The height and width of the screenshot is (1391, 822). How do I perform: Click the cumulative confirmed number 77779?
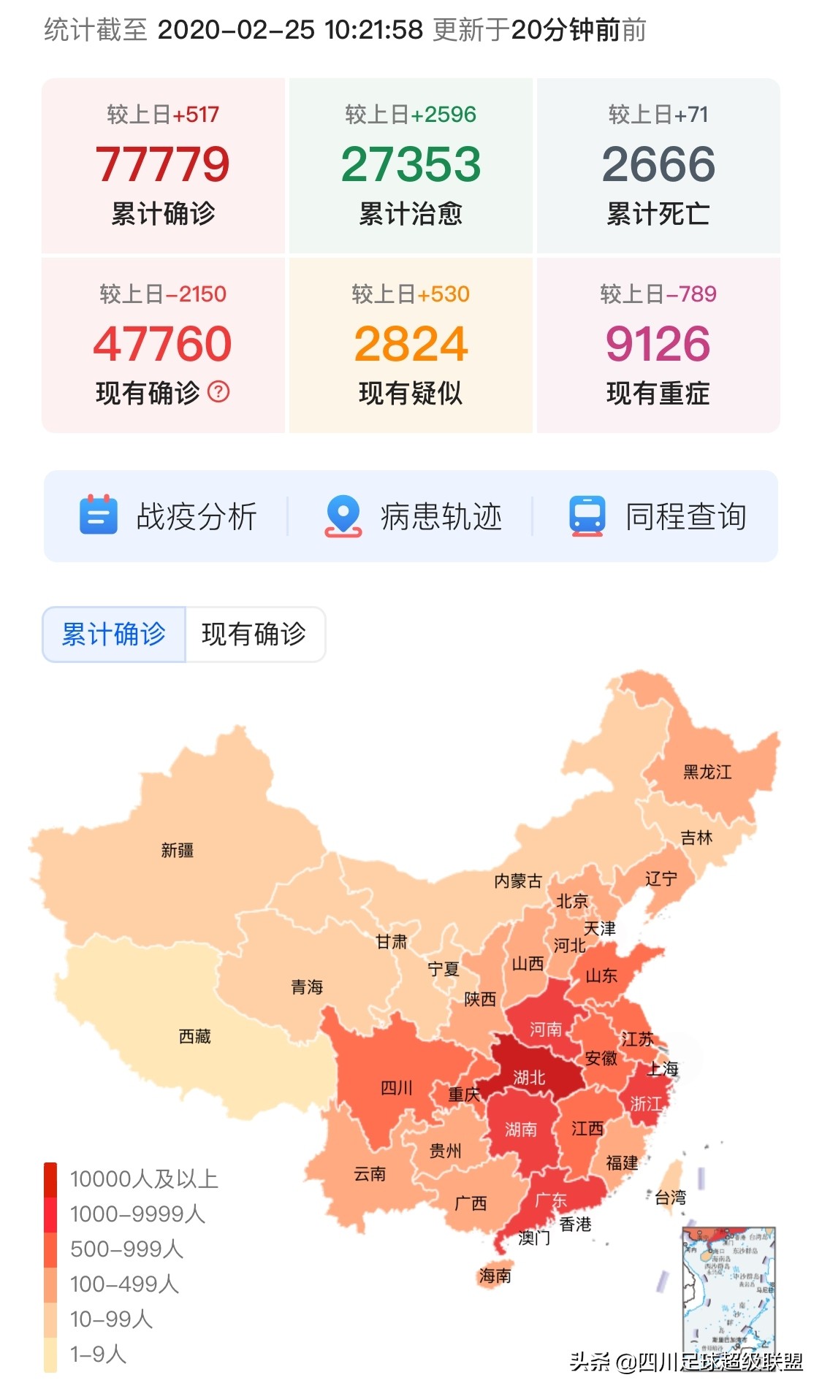[x=162, y=164]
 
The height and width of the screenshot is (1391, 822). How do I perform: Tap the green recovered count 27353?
[x=411, y=164]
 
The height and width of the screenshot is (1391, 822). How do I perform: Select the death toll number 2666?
[x=658, y=164]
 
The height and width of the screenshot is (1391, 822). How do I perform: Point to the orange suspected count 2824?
[x=411, y=344]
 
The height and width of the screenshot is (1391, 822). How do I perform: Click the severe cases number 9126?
[x=658, y=344]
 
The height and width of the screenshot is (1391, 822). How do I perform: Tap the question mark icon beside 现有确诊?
[x=218, y=392]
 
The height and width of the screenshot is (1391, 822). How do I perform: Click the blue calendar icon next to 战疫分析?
[x=98, y=515]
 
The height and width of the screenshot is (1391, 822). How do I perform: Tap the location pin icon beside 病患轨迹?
[x=343, y=516]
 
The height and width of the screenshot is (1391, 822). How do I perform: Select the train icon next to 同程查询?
[x=587, y=516]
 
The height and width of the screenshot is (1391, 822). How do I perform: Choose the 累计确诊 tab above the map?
[x=114, y=634]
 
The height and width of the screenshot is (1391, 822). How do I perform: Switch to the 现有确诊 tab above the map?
[x=254, y=634]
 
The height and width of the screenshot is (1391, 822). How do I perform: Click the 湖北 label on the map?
[x=529, y=1077]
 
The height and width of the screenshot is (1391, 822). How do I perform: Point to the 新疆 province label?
[x=178, y=850]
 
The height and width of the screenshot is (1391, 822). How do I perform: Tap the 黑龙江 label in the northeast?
[x=707, y=772]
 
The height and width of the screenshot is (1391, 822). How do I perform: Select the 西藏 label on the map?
[x=194, y=1036]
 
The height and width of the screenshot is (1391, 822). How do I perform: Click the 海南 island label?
[x=495, y=1276]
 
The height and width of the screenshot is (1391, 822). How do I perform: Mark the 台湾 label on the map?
[x=670, y=1198]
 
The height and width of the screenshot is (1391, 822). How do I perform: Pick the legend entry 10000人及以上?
[x=143, y=1179]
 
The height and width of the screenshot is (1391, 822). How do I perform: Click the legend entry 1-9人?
[x=98, y=1354]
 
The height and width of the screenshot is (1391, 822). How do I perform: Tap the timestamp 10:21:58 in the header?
[x=373, y=30]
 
